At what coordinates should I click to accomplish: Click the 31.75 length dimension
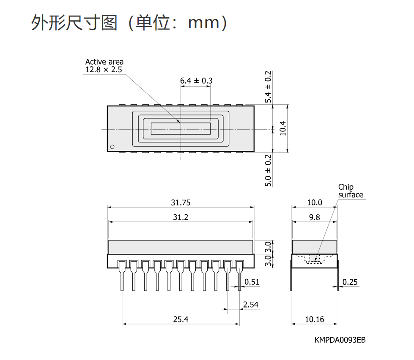[181, 202]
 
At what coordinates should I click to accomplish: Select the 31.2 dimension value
[181, 217]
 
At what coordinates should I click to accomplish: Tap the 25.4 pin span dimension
[181, 319]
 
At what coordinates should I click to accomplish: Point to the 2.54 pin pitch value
[251, 305]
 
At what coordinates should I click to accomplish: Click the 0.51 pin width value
[252, 282]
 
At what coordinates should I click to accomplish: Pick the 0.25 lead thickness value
[350, 282]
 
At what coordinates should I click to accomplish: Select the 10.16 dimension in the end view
[315, 319]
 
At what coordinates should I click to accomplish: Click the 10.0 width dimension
[315, 202]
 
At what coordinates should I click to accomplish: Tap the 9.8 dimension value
[315, 217]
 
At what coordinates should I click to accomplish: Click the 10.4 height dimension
[283, 128]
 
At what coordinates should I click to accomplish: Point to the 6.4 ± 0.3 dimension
[196, 81]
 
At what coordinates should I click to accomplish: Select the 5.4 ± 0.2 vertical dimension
[268, 87]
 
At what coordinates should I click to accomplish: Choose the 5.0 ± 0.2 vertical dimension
[268, 170]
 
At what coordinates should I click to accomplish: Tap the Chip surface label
[351, 191]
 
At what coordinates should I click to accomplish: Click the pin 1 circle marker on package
[112, 147]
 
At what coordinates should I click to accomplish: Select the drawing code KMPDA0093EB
[340, 340]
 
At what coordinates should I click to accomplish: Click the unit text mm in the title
[204, 23]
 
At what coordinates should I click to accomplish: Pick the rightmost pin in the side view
[239, 275]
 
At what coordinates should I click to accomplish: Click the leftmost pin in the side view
[122, 275]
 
